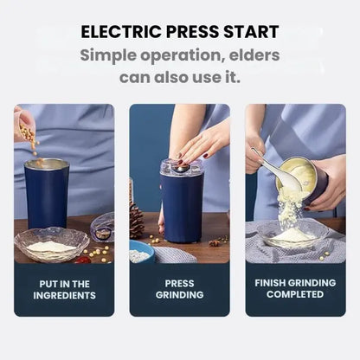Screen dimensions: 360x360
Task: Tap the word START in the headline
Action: pyautogui.click(x=247, y=33)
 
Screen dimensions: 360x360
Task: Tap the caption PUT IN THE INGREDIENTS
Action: pyautogui.click(x=64, y=289)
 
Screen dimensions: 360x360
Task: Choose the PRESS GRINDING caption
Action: pyautogui.click(x=179, y=289)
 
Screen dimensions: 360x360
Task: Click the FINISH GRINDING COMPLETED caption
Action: pyautogui.click(x=295, y=289)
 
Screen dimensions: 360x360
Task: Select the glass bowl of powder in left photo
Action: pyautogui.click(x=51, y=246)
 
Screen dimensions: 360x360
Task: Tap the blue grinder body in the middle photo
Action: pyautogui.click(x=182, y=208)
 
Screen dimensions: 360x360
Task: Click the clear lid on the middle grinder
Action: pyautogui.click(x=182, y=166)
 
